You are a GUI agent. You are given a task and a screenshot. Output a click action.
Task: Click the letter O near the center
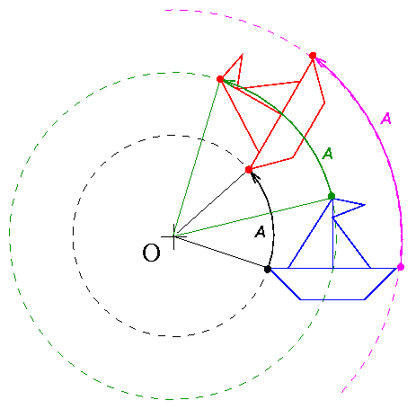click(151, 253)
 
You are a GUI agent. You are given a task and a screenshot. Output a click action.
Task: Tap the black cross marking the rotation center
click(173, 236)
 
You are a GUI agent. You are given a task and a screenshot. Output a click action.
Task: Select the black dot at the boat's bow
click(268, 269)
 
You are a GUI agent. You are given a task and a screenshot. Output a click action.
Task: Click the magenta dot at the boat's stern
click(401, 267)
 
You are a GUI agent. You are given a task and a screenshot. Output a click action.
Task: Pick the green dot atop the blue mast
click(332, 196)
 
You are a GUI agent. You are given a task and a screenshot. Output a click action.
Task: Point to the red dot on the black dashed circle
click(249, 170)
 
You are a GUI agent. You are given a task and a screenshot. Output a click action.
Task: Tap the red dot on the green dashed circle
click(220, 79)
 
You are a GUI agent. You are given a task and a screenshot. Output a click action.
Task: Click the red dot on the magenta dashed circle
click(313, 56)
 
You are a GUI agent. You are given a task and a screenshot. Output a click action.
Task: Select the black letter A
click(260, 232)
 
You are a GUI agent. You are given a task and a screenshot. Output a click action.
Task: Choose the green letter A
click(328, 154)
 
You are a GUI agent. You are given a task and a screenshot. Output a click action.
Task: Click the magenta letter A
click(386, 119)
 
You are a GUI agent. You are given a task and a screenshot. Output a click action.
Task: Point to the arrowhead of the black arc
click(254, 177)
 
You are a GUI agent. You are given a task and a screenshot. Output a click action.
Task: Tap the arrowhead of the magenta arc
click(319, 61)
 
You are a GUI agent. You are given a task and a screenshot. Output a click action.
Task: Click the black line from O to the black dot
click(221, 253)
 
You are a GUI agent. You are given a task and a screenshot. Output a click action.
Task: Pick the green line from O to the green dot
click(252, 217)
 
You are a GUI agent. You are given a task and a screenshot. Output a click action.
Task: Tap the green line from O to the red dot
click(197, 158)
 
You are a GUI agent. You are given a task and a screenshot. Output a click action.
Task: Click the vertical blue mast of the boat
click(332, 234)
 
